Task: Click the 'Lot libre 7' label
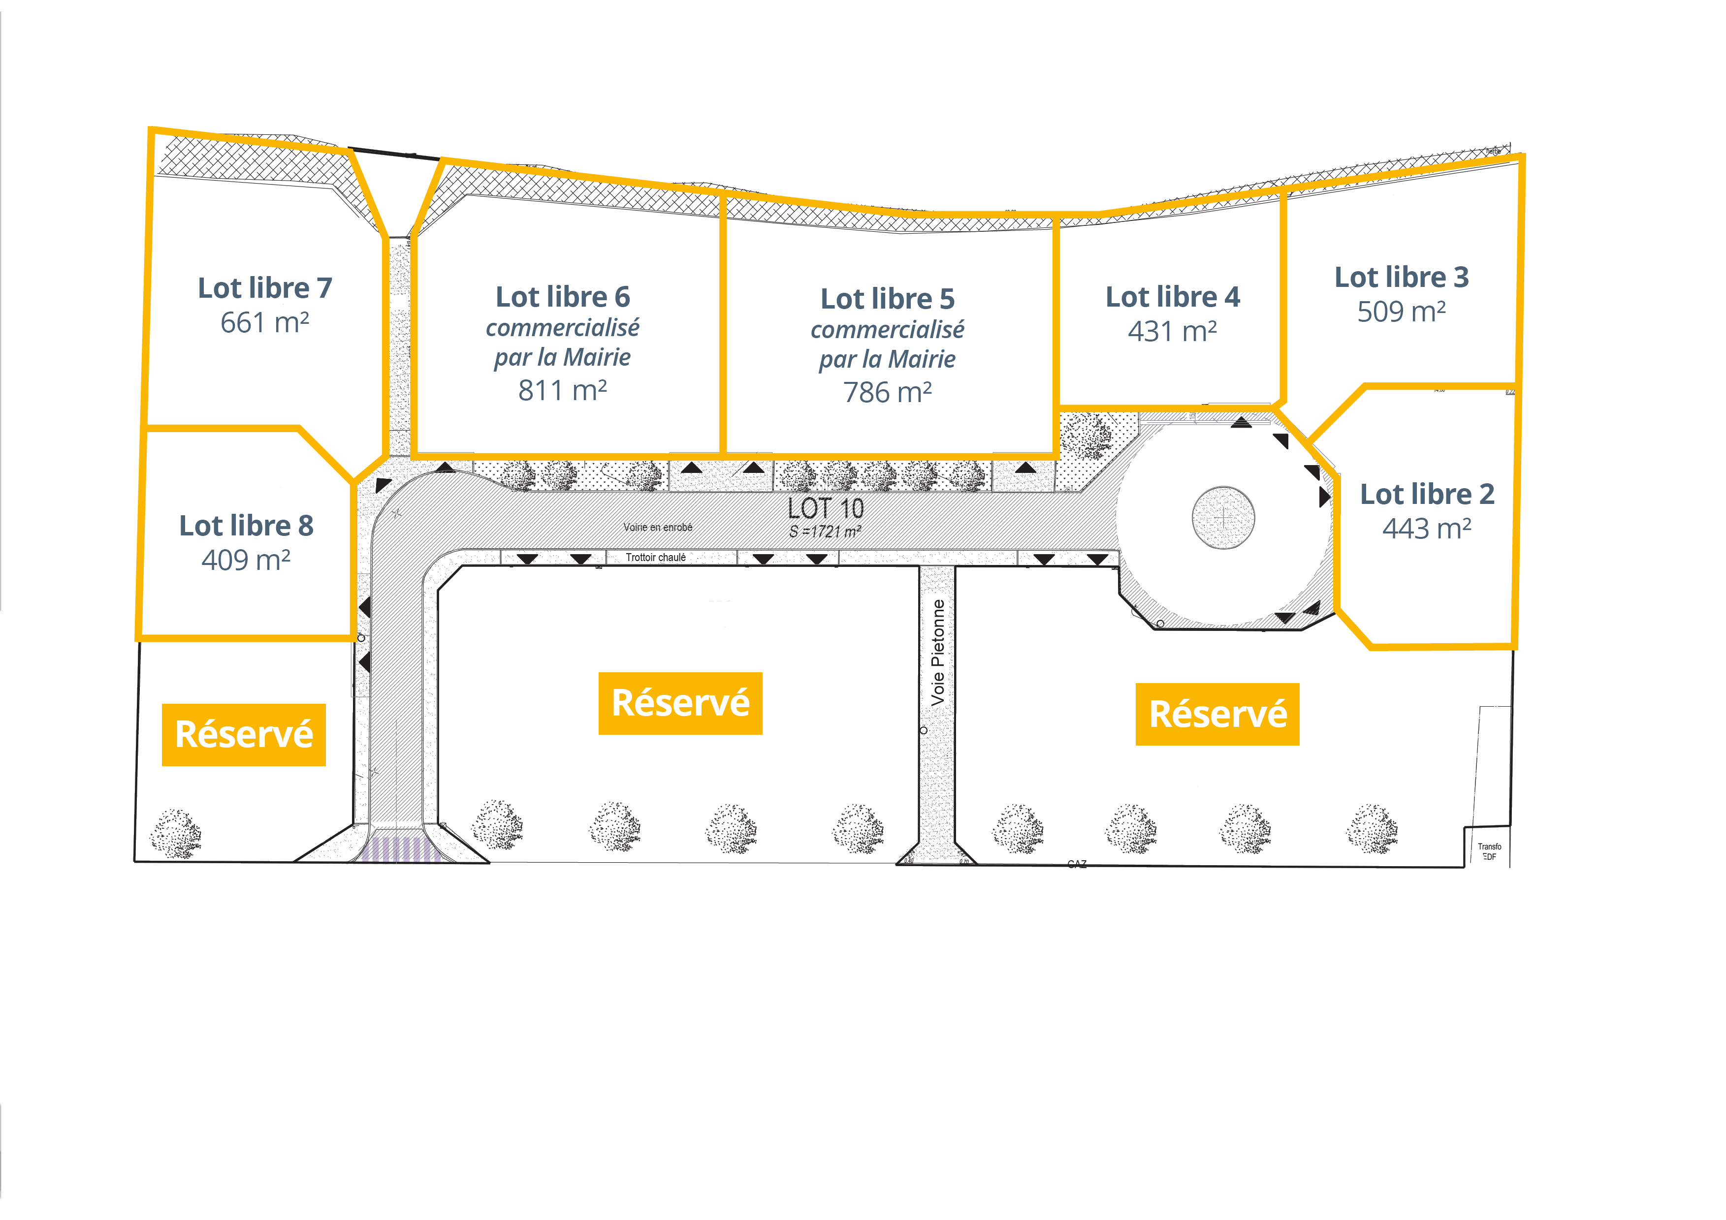[x=265, y=288]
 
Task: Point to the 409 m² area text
[x=246, y=560]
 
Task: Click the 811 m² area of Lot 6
[x=562, y=391]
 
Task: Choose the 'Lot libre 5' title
[x=887, y=299]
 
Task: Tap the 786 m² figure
[x=887, y=392]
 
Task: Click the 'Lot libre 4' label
[x=1172, y=297]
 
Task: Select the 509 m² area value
[x=1401, y=311]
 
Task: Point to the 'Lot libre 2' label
[x=1427, y=494]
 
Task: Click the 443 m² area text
[x=1427, y=529]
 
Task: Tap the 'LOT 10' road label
[x=826, y=509]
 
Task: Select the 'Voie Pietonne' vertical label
[x=937, y=653]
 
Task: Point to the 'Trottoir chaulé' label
[x=656, y=558]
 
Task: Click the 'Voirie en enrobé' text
[x=658, y=527]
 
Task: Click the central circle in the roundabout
[x=1223, y=517]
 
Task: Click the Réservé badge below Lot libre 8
[x=244, y=734]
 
